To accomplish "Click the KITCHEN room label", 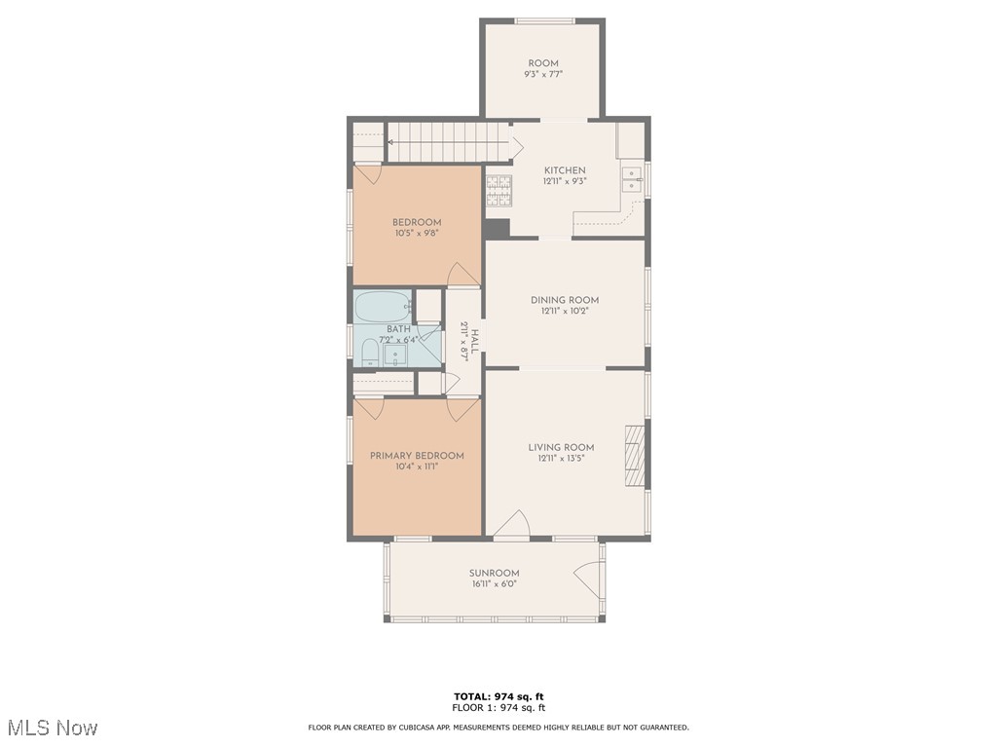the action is pyautogui.click(x=565, y=170).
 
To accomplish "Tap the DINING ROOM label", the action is pyautogui.click(x=565, y=300).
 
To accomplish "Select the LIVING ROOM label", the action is pyautogui.click(x=561, y=448).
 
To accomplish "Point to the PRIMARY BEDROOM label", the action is pyautogui.click(x=417, y=456).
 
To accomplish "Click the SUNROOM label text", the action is pyautogui.click(x=494, y=573).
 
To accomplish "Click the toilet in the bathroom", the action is pyautogui.click(x=369, y=353).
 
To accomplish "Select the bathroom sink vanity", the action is pyautogui.click(x=395, y=355).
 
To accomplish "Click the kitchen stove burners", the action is pyautogui.click(x=498, y=191).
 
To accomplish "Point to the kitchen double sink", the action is pyautogui.click(x=632, y=179).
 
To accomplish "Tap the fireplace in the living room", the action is pyautogui.click(x=635, y=456).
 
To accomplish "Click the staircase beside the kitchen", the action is pyautogui.click(x=448, y=142).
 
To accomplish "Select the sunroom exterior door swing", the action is pyautogui.click(x=587, y=580).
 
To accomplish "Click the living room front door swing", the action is pyautogui.click(x=512, y=523).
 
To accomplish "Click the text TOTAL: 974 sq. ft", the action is pyautogui.click(x=498, y=696).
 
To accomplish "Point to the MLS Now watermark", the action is pyautogui.click(x=53, y=728).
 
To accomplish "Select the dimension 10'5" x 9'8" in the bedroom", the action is pyautogui.click(x=417, y=234).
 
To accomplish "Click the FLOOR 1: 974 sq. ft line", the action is pyautogui.click(x=498, y=707).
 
